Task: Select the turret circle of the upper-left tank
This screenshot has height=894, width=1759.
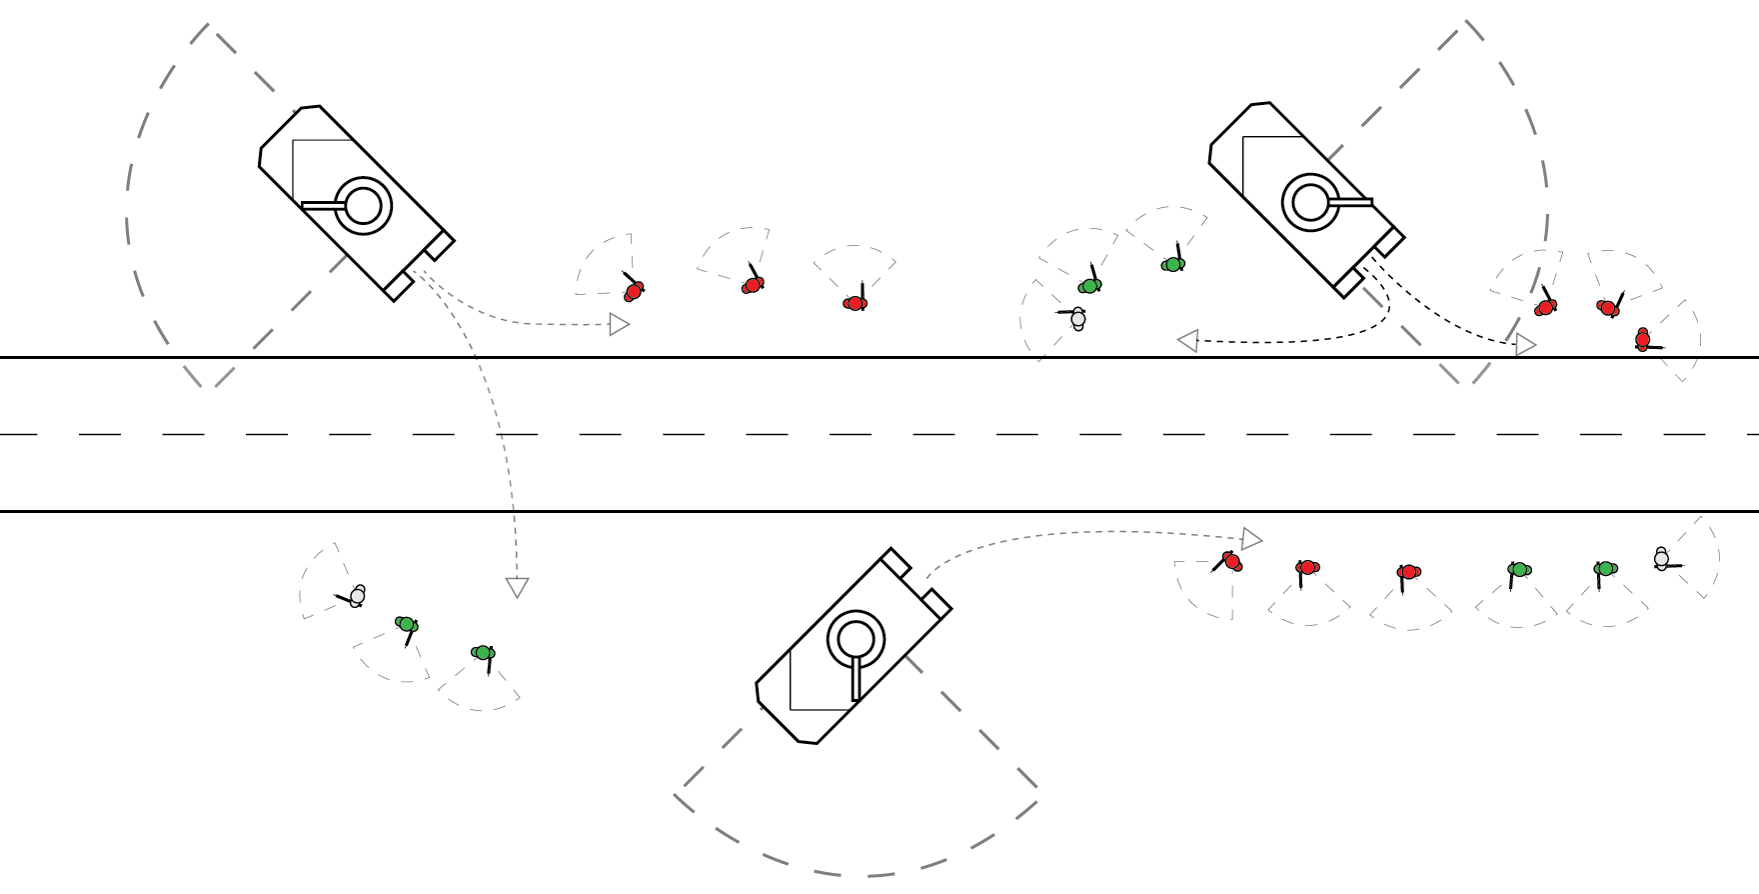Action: click(x=363, y=206)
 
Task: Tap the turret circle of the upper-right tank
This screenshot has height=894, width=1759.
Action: click(x=1310, y=202)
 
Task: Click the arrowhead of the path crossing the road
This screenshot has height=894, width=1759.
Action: click(x=517, y=587)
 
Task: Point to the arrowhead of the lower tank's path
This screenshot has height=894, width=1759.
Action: click(x=1251, y=539)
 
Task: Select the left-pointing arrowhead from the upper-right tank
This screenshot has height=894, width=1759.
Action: click(x=1188, y=341)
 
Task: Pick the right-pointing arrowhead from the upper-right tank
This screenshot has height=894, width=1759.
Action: click(x=1525, y=345)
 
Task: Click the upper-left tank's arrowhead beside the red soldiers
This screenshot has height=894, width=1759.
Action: click(x=620, y=324)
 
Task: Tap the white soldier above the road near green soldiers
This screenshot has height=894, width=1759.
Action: click(x=1077, y=319)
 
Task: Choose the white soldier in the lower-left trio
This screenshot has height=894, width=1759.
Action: click(x=357, y=596)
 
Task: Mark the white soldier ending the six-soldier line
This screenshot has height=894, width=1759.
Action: click(x=1661, y=559)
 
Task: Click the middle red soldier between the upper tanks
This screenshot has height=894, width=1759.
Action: click(x=753, y=285)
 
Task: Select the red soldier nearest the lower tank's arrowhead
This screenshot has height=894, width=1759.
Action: click(x=1232, y=561)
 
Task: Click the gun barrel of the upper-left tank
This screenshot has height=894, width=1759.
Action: click(x=322, y=206)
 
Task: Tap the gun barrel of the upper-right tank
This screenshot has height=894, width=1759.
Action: click(x=1350, y=202)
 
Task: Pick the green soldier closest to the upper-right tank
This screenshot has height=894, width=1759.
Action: click(x=1173, y=264)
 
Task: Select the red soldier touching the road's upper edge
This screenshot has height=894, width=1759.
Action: click(x=1642, y=340)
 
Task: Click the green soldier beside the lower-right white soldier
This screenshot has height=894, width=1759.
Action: click(x=1605, y=569)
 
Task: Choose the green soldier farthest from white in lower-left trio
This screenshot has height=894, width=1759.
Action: click(x=484, y=653)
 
